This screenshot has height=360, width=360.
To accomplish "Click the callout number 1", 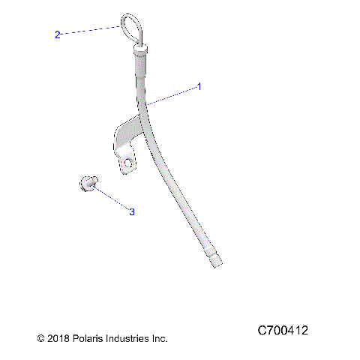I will pos(199,87).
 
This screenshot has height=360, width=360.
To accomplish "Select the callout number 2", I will pos(57,34).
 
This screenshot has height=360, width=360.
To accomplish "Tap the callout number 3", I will pos(132,212).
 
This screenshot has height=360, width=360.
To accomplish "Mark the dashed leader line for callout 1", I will pos(172,94).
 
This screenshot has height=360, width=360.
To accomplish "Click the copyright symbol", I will pos(41,339).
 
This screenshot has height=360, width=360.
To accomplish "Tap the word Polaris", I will pos(89,339).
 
